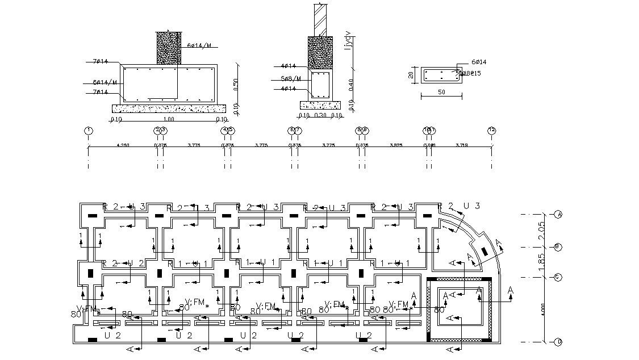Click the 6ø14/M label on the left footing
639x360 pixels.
[x=105, y=82]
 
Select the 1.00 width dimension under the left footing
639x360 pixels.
[x=168, y=120]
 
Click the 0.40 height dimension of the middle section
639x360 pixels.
[x=351, y=83]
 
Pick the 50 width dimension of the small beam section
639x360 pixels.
[x=441, y=91]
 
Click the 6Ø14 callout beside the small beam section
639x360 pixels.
[x=478, y=62]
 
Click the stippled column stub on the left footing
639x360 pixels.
[x=169, y=48]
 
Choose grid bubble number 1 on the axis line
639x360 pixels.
[x=89, y=131]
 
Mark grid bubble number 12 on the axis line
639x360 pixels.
[x=492, y=131]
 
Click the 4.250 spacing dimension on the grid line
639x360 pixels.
[x=122, y=145]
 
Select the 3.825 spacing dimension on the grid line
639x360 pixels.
[x=396, y=145]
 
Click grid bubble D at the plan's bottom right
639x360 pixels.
[x=558, y=342]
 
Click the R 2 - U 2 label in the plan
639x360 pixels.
[x=118, y=263]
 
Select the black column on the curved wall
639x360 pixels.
[x=485, y=252]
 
